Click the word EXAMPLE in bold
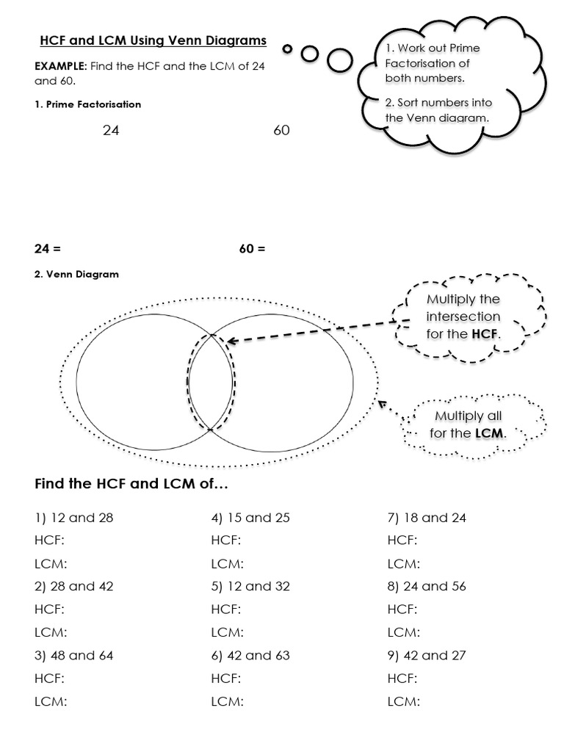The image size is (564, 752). click(x=61, y=66)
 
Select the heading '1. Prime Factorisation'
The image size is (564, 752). click(x=87, y=104)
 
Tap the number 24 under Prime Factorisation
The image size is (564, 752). click(x=111, y=130)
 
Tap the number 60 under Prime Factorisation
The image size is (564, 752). click(x=281, y=130)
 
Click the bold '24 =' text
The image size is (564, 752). click(x=48, y=248)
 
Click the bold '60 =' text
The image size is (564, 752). click(x=252, y=248)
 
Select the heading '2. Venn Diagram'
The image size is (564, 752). click(x=76, y=274)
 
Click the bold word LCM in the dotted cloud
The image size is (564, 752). click(x=488, y=433)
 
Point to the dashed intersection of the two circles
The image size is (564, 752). click(x=211, y=382)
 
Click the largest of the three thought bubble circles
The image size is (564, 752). click(x=340, y=60)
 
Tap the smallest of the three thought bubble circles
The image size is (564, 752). click(x=288, y=49)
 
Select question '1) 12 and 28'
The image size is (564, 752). click(x=74, y=518)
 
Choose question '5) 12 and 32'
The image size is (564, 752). click(x=250, y=586)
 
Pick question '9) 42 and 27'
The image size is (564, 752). click(x=427, y=655)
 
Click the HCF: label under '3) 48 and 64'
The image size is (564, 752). click(x=49, y=678)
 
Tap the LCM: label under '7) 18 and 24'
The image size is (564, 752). click(x=403, y=563)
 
